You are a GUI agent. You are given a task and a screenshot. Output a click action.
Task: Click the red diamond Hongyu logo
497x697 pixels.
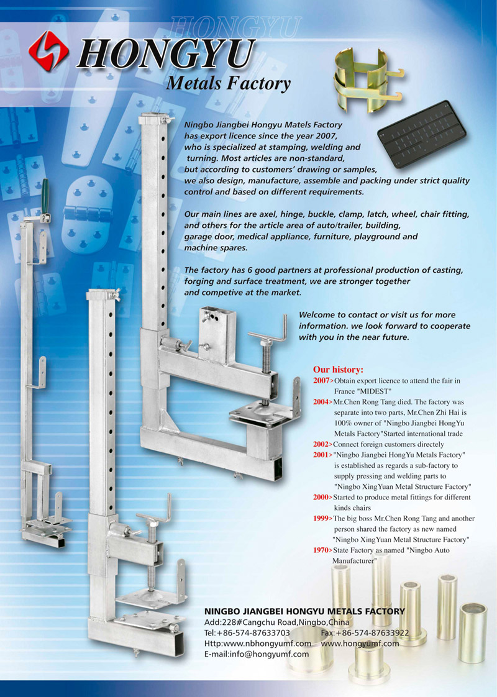48,51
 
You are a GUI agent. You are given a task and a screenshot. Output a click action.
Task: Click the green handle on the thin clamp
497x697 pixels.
45,196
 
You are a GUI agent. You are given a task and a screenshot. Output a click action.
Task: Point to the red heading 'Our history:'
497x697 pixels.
338,370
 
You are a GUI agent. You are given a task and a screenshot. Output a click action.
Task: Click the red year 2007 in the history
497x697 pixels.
321,381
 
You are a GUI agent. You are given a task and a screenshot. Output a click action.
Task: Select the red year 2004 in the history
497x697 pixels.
321,402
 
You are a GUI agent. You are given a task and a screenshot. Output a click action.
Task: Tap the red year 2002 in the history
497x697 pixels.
321,444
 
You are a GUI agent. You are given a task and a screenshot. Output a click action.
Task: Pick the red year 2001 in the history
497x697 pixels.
321,455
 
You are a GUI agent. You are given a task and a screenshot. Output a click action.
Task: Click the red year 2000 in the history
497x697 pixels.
321,497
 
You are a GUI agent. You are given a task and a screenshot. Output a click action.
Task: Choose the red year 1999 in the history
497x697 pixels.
321,518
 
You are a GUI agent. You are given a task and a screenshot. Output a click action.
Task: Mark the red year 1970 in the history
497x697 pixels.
321,550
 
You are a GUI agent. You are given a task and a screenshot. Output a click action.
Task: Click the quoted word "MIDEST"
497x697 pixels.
374,391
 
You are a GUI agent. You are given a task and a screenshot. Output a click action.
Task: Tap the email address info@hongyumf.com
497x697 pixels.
256,654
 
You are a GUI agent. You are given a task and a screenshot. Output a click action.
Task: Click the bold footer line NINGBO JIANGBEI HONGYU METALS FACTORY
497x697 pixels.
304,611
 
